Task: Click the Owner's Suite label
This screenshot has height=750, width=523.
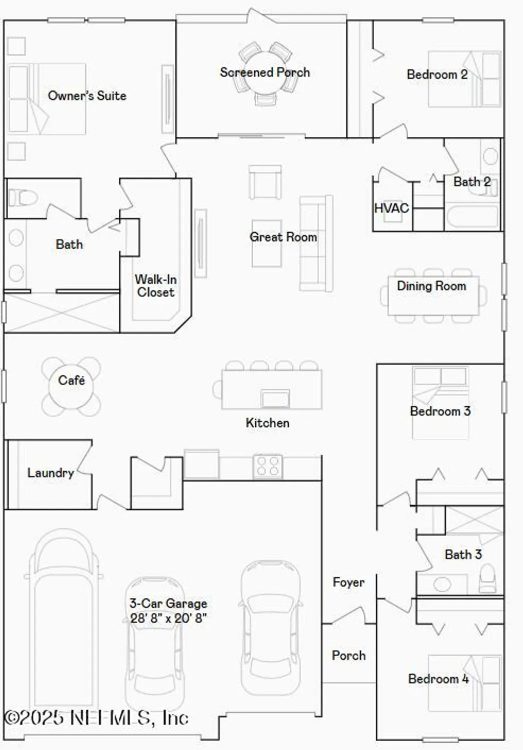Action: point(87,95)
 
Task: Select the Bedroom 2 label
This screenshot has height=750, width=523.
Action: point(437,74)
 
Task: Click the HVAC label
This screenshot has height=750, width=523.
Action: point(391,208)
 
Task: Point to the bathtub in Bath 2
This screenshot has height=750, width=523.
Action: point(472,217)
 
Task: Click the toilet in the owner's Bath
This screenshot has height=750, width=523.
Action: point(22,197)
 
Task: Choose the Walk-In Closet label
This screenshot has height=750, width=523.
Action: point(156,286)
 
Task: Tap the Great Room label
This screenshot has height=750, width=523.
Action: point(283,237)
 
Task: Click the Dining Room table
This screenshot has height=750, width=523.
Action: point(433,296)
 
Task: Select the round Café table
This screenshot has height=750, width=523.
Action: point(71,386)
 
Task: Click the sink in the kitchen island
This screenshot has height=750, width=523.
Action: point(275,398)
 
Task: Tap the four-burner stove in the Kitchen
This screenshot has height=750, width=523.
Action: point(268,466)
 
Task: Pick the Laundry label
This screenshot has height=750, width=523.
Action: point(50,473)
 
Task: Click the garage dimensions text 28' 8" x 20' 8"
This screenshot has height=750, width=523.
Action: point(168,618)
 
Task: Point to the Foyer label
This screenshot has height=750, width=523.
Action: point(348,582)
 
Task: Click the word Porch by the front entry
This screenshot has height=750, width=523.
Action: point(349,655)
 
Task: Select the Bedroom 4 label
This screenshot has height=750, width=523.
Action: point(438,679)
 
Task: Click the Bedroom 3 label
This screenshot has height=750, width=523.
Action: point(440,411)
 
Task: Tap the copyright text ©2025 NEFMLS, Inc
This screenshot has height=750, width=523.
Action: point(96,718)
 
